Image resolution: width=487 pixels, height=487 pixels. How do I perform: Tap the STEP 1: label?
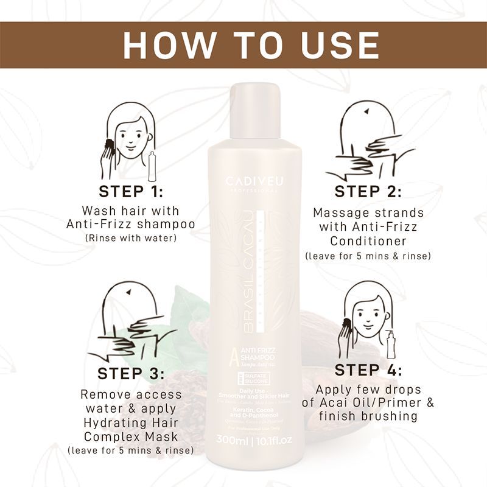[131, 191]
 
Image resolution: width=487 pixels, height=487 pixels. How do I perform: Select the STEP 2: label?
[368, 191]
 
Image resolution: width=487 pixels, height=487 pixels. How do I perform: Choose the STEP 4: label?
[368, 370]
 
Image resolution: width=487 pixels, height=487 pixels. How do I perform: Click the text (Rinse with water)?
[131, 237]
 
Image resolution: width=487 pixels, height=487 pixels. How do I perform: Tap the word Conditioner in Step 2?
[368, 241]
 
